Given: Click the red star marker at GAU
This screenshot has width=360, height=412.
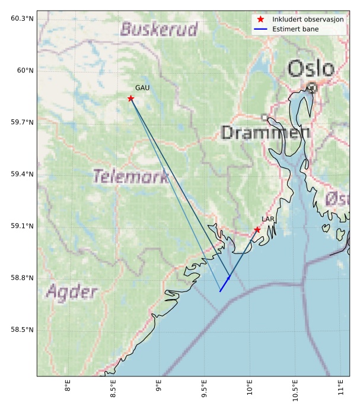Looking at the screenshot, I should coord(130,98).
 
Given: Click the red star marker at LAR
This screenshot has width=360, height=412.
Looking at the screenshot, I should coord(257,230).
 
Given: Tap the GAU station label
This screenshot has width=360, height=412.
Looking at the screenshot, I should coord(142,88).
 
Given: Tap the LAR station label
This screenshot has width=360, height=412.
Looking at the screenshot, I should coord(268,220).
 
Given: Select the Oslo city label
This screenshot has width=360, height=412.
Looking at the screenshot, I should coord(311,68).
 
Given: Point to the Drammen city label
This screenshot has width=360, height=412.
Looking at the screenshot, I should coord(265,132).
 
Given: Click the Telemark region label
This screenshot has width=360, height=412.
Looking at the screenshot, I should coord(131,176).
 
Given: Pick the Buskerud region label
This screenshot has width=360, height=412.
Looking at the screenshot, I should coord(159,29).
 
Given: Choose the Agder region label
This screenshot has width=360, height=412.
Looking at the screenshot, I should coord(71,291).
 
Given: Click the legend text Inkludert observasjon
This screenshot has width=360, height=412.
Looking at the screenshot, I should coord(308,20).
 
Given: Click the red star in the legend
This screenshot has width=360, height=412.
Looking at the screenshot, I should coord(260,20).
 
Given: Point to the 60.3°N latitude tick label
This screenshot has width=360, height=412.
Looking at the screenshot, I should coord(22,18).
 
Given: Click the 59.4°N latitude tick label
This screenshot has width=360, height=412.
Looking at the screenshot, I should coord(22,174).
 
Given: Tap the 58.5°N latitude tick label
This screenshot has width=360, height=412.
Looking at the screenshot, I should coord(22,329).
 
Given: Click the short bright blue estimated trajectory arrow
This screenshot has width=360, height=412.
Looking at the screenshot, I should coord(225,283).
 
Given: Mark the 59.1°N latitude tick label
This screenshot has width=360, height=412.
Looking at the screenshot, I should coord(22,226).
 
